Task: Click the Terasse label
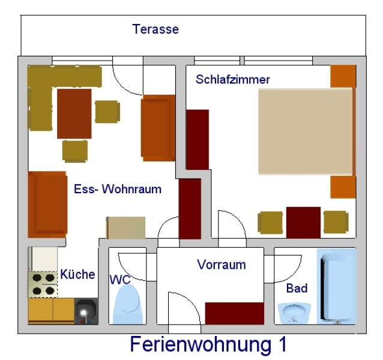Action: pos(155,29)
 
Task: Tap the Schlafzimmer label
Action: pos(233,79)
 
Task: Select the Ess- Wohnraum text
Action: pos(118,189)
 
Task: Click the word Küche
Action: pos(77,275)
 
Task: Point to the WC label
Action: pos(120,280)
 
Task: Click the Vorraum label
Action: pos(221,265)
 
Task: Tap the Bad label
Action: pos(297,289)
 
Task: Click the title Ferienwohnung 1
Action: pos(208,344)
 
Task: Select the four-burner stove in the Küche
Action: pos(42,284)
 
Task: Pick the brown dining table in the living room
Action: pos(74,113)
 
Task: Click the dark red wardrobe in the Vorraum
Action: pos(235,313)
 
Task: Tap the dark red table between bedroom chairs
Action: pos(303,222)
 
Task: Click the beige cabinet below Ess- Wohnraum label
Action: pos(126,227)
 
